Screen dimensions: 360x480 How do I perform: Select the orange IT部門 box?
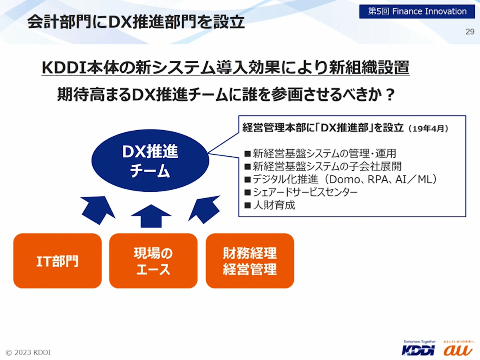coord(58,261)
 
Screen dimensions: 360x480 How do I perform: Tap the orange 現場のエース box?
coord(153,261)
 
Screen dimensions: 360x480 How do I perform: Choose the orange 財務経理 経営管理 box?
coord(250,261)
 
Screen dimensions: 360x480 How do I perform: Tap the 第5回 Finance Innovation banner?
coord(417,11)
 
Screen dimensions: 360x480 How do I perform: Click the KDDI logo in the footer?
coord(419,349)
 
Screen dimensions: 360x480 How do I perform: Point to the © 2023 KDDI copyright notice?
coord(28,352)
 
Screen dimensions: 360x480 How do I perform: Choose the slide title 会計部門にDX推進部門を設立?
coord(136,23)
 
